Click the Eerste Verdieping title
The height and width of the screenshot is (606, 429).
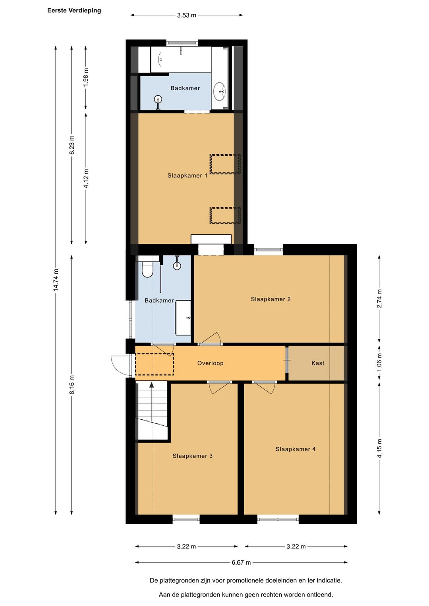tap(74, 11)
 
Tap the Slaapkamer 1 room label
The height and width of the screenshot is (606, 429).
tap(187, 176)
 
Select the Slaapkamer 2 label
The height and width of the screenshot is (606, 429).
tap(271, 299)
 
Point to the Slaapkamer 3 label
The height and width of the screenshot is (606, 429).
tap(192, 456)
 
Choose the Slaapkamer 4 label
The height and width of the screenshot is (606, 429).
tap(296, 450)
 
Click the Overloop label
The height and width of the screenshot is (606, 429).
tap(210, 363)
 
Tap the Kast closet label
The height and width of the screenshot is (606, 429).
tap(318, 363)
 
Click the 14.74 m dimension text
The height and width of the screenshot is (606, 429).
tap(56, 280)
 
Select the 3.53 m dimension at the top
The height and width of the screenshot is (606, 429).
tap(186, 15)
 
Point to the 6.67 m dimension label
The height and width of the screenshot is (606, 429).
tap(241, 563)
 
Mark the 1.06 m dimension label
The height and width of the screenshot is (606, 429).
tap(379, 362)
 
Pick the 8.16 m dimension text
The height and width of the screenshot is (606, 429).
tap(72, 385)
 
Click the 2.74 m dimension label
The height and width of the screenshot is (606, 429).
tap(379, 299)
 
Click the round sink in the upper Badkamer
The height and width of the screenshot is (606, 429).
tap(220, 91)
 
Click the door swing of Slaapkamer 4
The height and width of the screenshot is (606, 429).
tap(264, 388)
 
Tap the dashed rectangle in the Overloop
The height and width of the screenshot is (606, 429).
tap(155, 364)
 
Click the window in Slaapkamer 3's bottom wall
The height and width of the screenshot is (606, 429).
tap(186, 519)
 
